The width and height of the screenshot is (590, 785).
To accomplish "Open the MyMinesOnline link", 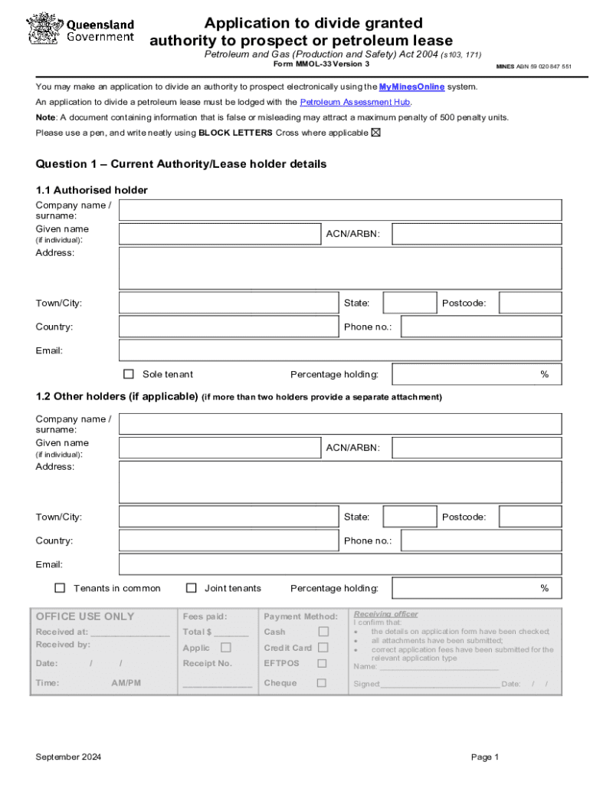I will pyautogui.click(x=411, y=87).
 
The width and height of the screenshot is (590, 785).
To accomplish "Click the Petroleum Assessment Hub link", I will pyautogui.click(x=356, y=102).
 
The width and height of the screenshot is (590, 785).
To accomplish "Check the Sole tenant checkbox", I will pyautogui.click(x=129, y=374).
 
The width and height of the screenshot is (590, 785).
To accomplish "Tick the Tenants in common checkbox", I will pyautogui.click(x=60, y=588).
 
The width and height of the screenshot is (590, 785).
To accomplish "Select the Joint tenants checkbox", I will pyautogui.click(x=192, y=588).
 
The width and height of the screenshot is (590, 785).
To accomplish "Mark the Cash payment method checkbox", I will pyautogui.click(x=323, y=632).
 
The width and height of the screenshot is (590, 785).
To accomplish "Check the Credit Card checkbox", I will pyautogui.click(x=323, y=648).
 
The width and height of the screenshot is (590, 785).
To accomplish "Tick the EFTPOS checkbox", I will pyautogui.click(x=322, y=663).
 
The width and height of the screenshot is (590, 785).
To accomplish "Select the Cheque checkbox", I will pyautogui.click(x=322, y=682).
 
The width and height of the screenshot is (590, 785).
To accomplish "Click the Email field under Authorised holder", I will pyautogui.click(x=340, y=350).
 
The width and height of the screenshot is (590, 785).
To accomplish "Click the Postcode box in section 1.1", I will pyautogui.click(x=529, y=303).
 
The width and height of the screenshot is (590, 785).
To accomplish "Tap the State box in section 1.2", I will pyautogui.click(x=409, y=517).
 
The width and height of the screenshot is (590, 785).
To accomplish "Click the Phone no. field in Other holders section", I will pyautogui.click(x=481, y=540).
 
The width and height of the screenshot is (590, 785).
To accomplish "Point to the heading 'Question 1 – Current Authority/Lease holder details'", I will pyautogui.click(x=181, y=164).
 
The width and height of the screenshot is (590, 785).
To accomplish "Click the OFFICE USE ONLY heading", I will pyautogui.click(x=85, y=616).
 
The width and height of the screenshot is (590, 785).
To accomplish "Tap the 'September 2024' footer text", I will pyautogui.click(x=68, y=757).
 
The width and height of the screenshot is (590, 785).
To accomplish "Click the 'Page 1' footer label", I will pyautogui.click(x=485, y=757).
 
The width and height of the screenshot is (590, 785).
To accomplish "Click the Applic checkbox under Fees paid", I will pyautogui.click(x=226, y=647).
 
